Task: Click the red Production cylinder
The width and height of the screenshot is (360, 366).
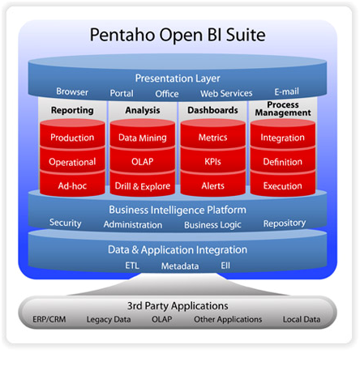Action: pyautogui.click(x=72, y=134)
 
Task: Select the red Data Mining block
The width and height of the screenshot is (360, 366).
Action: pyautogui.click(x=143, y=134)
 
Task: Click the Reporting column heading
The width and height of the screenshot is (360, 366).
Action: pyautogui.click(x=72, y=110)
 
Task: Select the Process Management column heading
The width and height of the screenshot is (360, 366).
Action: pyautogui.click(x=283, y=109)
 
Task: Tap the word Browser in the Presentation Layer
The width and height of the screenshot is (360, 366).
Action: pyautogui.click(x=72, y=91)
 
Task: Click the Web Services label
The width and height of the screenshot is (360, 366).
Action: pyautogui.click(x=226, y=93)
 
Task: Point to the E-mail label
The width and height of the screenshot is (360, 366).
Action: pyautogui.click(x=287, y=91)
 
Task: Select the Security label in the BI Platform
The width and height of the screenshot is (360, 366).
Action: pyautogui.click(x=66, y=223)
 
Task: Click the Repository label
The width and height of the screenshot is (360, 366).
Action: pyautogui.click(x=285, y=223)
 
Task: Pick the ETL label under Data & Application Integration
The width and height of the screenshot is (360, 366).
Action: pyautogui.click(x=132, y=266)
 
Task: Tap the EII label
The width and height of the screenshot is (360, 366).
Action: pyautogui.click(x=225, y=266)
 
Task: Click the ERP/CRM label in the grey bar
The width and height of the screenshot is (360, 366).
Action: pyautogui.click(x=49, y=319)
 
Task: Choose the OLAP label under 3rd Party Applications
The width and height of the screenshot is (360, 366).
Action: pyautogui.click(x=162, y=319)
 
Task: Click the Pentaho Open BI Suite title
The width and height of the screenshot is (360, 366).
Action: pyautogui.click(x=178, y=35)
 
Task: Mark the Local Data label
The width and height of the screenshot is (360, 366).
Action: pyautogui.click(x=302, y=319)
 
